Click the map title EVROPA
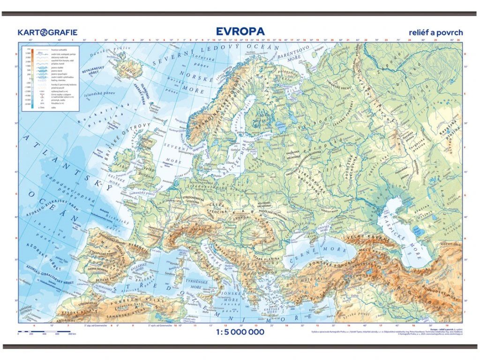[240, 31]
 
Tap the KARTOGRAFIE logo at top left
[47, 32]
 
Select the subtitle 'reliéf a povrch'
[435, 32]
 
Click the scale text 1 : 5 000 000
[240, 332]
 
